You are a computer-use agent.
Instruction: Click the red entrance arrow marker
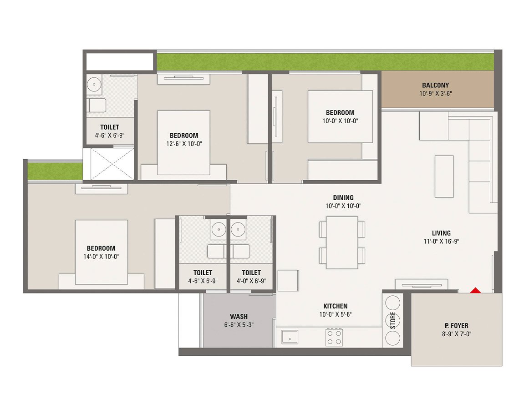475,290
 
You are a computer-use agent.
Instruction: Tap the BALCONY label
435,85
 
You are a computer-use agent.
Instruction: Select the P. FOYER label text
457,326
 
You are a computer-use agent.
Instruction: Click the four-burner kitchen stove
334,337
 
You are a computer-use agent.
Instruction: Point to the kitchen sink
289,337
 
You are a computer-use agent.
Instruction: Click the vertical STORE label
393,320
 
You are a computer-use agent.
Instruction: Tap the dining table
342,242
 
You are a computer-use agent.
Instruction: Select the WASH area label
239,317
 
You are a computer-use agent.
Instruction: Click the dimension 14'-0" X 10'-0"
101,257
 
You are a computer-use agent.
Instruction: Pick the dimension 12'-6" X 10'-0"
184,144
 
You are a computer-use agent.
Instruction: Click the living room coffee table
444,176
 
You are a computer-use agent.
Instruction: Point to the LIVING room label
442,233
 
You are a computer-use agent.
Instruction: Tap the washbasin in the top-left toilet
94,84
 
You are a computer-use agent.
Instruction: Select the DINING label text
343,197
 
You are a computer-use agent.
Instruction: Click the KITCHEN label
336,306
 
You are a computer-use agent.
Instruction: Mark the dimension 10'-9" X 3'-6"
435,94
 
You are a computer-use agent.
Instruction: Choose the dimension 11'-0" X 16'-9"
442,242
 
